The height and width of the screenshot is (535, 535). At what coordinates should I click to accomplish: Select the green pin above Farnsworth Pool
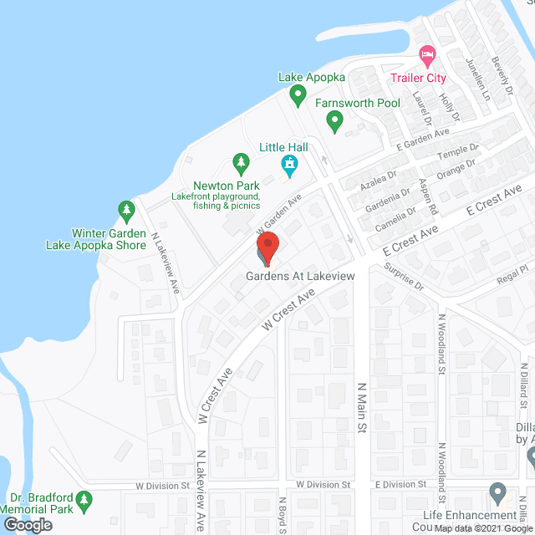[x=334, y=123]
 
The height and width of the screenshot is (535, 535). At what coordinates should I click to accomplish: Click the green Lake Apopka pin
[x=298, y=97]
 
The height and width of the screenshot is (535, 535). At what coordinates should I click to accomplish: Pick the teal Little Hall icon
[x=291, y=166]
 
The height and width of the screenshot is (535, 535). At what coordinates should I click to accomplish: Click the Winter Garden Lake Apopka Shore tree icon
[x=126, y=209]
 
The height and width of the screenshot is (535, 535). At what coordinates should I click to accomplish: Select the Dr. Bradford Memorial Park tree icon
[x=83, y=502]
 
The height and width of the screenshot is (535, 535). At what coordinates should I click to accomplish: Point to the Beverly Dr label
[x=504, y=77]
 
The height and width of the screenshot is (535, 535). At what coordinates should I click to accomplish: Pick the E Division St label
[x=400, y=484]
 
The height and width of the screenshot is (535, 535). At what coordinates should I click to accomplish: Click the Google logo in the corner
[x=27, y=524]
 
